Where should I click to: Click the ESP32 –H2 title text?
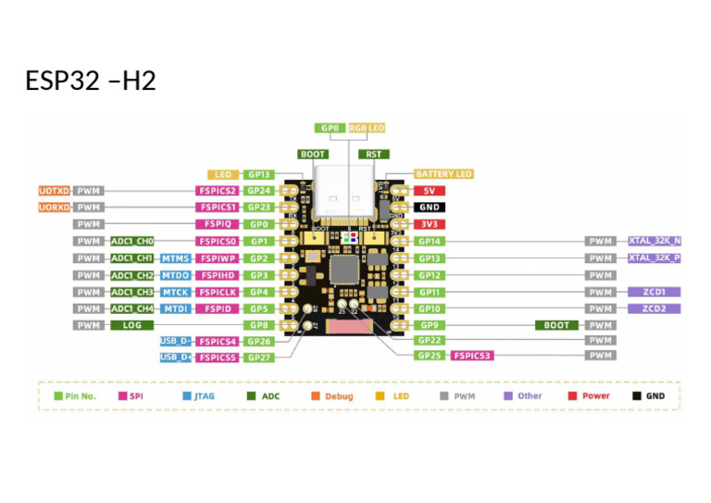(x=91, y=81)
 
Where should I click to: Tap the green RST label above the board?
(x=373, y=155)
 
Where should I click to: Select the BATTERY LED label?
(x=443, y=174)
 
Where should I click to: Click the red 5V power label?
(x=429, y=191)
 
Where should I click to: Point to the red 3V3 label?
(x=429, y=224)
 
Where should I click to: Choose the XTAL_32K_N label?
(x=655, y=241)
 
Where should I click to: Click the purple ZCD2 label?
(x=655, y=308)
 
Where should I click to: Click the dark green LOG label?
(x=131, y=325)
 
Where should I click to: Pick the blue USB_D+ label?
(x=175, y=357)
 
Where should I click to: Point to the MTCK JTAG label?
(x=176, y=292)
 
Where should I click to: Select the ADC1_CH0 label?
(x=131, y=241)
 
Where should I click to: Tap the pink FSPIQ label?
(x=218, y=224)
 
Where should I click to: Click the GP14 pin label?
(x=429, y=241)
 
